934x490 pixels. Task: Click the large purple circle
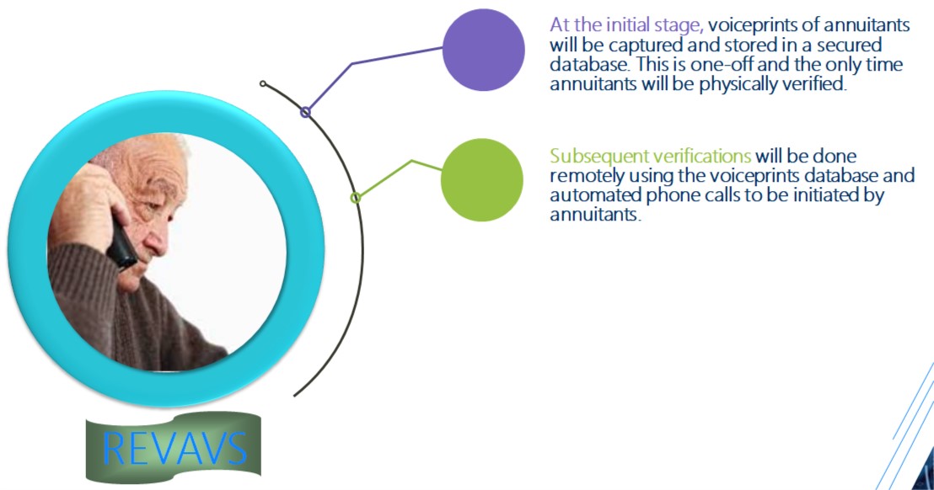pyautogui.click(x=484, y=50)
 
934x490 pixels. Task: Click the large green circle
pyautogui.click(x=482, y=179)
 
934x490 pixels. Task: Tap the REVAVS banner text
pyautogui.click(x=174, y=449)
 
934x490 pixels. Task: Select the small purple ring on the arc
pyautogui.click(x=306, y=112)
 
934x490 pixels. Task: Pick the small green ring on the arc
pyautogui.click(x=356, y=197)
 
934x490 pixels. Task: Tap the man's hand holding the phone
pyautogui.click(x=89, y=202)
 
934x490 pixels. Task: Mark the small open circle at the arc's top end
pyautogui.click(x=263, y=84)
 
